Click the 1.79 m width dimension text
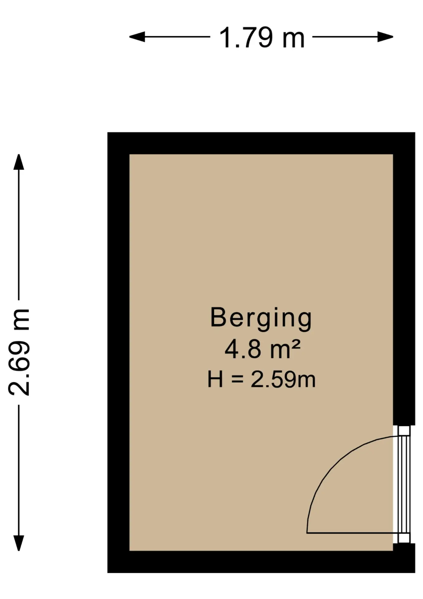tap(262, 38)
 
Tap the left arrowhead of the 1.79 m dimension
tap(137, 37)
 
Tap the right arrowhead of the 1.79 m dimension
tap(385, 37)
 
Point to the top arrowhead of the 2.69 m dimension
tap(19, 162)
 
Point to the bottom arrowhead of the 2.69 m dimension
tap(19, 543)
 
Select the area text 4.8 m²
tap(262, 349)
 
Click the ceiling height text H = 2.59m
tap(262, 379)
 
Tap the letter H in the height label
tap(215, 379)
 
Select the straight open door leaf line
tap(353, 533)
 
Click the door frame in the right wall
tap(404, 484)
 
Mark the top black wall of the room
tap(261, 143)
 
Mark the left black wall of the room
tap(118, 353)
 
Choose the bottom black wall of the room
tap(261, 562)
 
